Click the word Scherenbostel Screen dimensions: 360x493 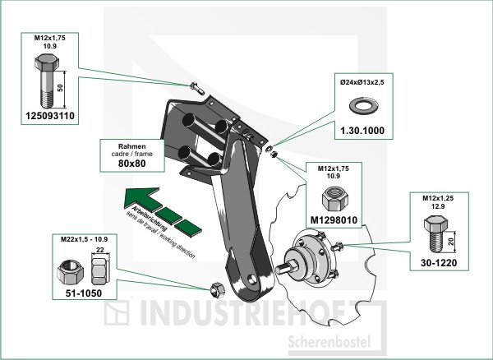(x=326, y=340)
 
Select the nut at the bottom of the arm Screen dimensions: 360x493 (x=218, y=288)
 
